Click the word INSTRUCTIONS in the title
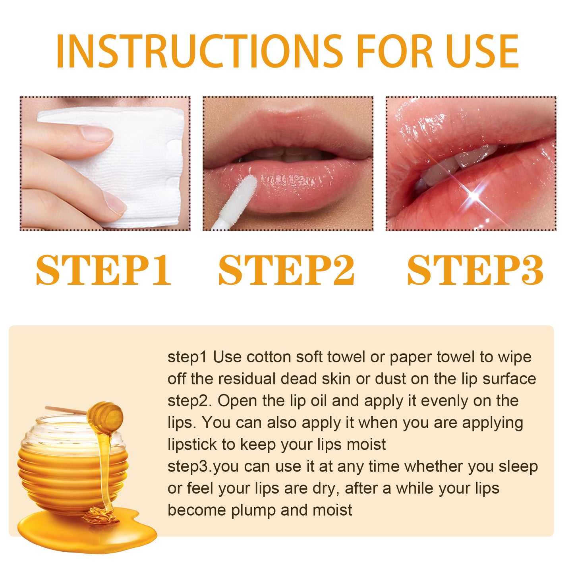199,52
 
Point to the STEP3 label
475,270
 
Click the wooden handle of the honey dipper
64,410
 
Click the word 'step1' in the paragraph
187,357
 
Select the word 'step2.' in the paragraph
189,401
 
